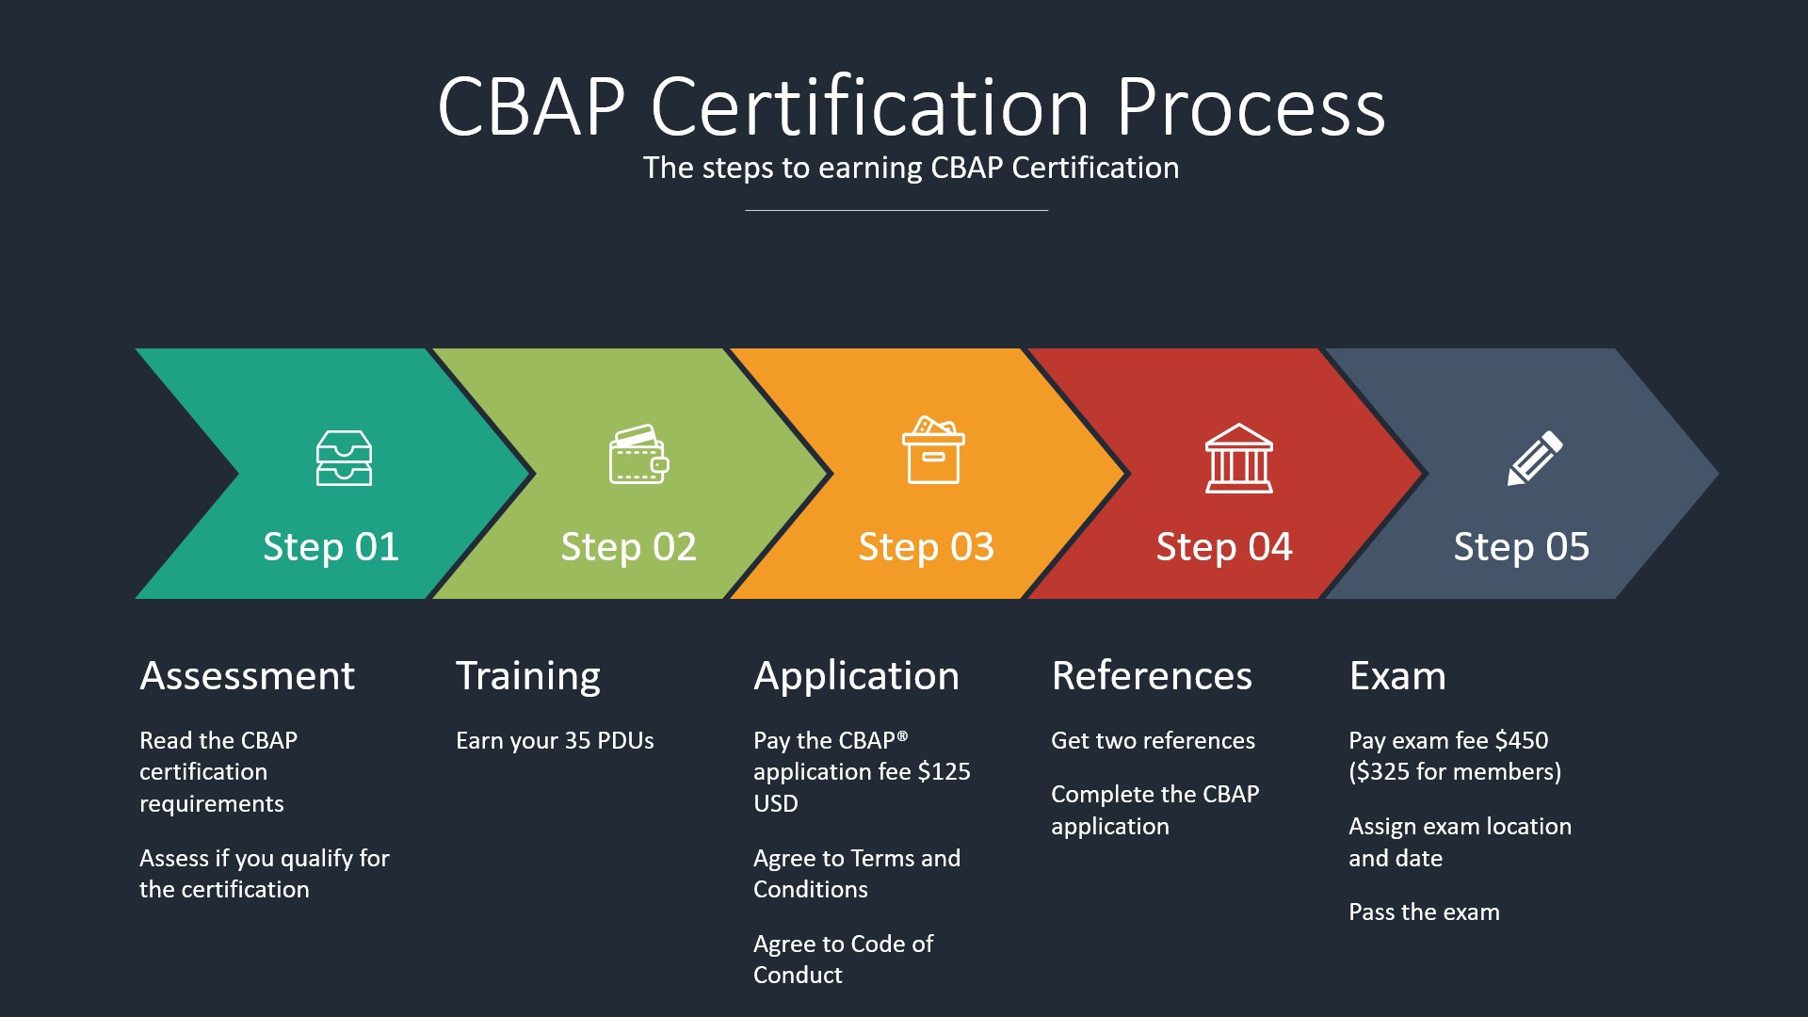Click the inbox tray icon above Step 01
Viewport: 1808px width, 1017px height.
point(344,458)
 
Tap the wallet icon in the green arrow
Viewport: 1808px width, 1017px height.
point(638,455)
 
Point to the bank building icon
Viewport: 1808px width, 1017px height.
point(1238,459)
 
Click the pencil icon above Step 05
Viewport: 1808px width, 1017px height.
point(1534,459)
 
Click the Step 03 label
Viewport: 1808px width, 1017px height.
point(926,547)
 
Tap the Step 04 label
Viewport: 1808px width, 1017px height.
point(1223,547)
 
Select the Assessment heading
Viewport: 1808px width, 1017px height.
point(247,676)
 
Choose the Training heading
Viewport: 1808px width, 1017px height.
point(527,676)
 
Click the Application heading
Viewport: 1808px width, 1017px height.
point(856,676)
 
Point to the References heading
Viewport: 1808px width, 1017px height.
point(1152,676)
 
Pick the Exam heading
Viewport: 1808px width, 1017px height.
point(1396,676)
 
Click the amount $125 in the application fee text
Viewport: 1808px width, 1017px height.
point(944,772)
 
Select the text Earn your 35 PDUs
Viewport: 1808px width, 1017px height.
point(555,741)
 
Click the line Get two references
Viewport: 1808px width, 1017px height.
point(1153,741)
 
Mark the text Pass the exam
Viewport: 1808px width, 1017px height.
point(1424,912)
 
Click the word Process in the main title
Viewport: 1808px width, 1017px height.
point(1251,107)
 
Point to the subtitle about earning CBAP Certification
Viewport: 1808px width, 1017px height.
point(911,168)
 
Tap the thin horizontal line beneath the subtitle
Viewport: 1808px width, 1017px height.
point(896,210)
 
